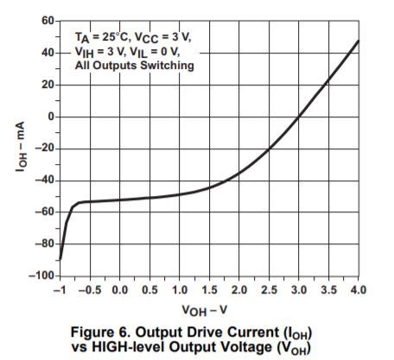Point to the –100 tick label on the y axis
42,275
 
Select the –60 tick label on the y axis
45,212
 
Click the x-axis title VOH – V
208,308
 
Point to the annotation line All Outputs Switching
135,66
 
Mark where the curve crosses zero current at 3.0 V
298,117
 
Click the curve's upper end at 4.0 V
358,41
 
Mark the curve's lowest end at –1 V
60,258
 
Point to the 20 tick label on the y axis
48,85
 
